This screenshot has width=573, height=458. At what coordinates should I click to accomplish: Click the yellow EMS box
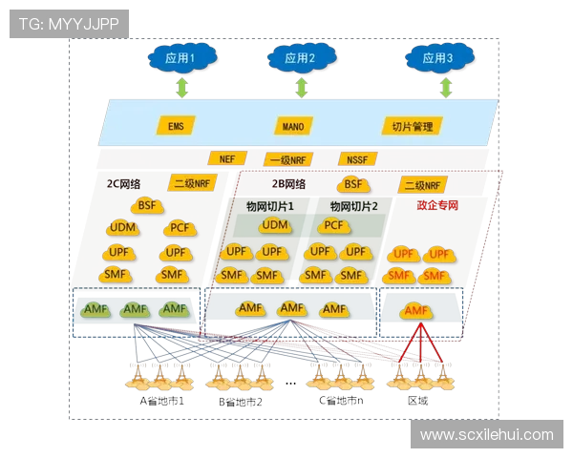click(x=176, y=125)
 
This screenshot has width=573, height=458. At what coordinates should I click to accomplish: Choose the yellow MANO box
click(x=293, y=125)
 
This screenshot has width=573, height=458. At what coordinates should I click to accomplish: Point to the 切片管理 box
click(x=413, y=125)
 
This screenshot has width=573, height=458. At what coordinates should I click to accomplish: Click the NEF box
click(x=226, y=158)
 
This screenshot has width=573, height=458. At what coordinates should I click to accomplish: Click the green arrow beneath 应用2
click(x=302, y=88)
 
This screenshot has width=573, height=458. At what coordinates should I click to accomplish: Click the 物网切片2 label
click(x=354, y=205)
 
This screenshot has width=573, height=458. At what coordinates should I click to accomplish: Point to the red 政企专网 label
click(x=437, y=204)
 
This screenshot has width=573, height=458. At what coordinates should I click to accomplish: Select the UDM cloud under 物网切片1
click(x=274, y=225)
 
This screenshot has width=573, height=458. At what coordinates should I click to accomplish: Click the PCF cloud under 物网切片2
click(x=334, y=225)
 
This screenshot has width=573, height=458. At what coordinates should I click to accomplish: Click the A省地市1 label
click(x=161, y=401)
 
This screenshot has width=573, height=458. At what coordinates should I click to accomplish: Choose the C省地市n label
click(x=341, y=401)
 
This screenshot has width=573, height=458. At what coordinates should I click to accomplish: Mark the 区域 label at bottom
click(x=417, y=401)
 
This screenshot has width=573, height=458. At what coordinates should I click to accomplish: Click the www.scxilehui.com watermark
click(x=486, y=434)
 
